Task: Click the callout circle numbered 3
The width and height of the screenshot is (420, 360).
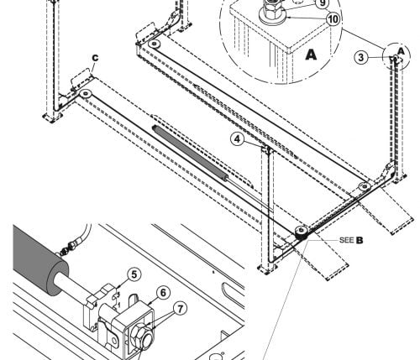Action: (361, 57)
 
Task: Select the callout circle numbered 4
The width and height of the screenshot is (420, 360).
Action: (238, 139)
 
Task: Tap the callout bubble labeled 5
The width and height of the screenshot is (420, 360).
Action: (134, 275)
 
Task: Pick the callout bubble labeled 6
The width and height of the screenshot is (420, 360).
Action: (163, 293)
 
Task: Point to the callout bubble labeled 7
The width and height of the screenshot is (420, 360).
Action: (180, 309)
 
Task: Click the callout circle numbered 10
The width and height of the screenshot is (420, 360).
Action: (333, 19)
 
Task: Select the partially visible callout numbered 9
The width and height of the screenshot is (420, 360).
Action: (323, 3)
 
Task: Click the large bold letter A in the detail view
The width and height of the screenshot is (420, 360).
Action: (311, 55)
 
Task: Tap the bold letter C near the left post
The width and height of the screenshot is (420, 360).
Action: (95, 58)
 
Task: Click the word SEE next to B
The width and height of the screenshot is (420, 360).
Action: (346, 240)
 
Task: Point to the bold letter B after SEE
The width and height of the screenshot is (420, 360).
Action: (360, 240)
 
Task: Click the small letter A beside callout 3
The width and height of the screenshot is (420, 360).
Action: (401, 51)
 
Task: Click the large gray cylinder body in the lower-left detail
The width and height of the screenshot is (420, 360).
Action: (39, 259)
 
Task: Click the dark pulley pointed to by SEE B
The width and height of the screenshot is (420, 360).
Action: (302, 232)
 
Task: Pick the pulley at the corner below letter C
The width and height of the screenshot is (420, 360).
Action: (85, 93)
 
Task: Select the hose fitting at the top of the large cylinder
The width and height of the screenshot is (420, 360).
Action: (69, 248)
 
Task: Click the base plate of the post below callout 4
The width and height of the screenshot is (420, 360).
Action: (267, 269)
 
